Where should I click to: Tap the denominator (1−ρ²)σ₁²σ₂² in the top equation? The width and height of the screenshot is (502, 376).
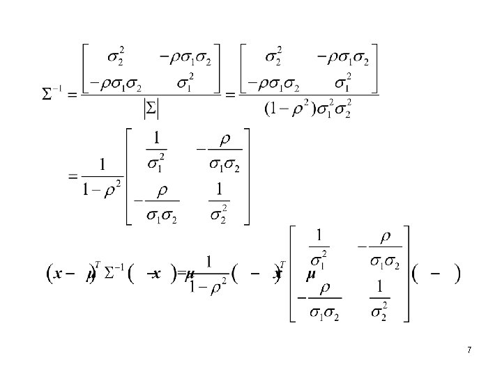308,109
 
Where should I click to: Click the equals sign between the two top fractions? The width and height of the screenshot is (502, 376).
230,95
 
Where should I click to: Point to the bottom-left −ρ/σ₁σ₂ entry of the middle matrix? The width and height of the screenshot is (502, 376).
158,202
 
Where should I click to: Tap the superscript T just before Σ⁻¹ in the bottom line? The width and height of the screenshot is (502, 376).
98,264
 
